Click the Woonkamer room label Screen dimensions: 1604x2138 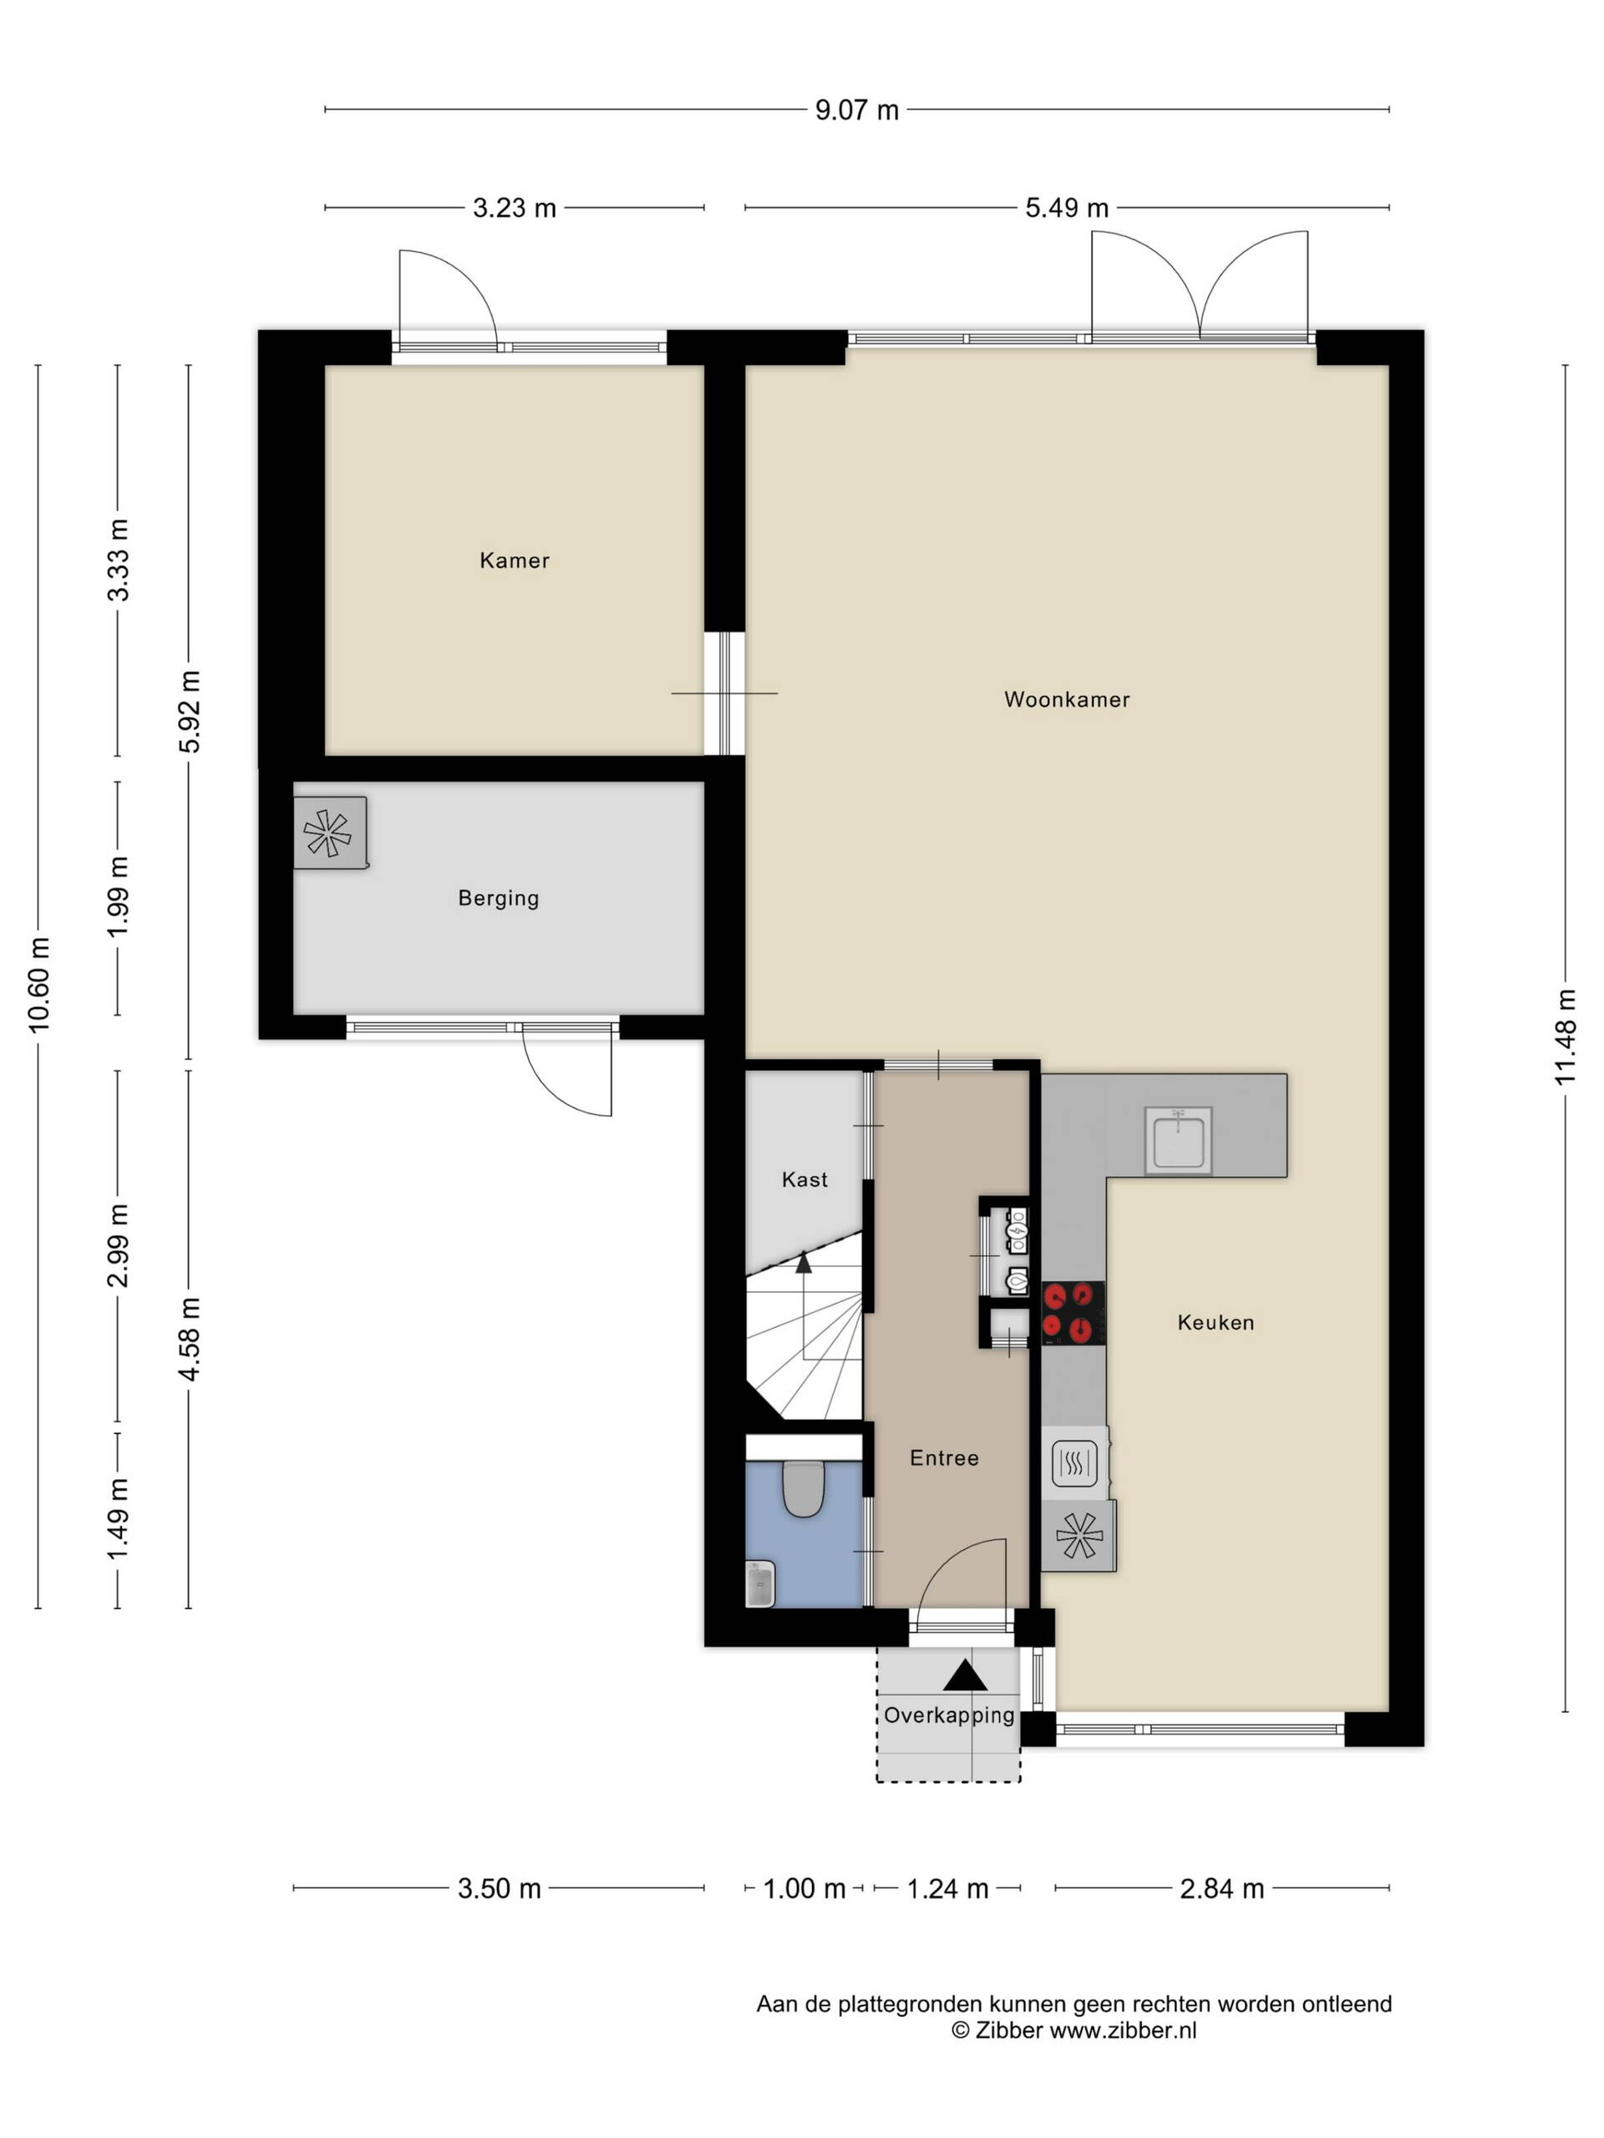pos(1067,700)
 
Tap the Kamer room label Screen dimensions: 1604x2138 pos(515,560)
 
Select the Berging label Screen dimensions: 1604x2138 pos(499,899)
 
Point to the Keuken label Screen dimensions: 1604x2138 pos(1216,1322)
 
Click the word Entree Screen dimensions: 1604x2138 pos(945,1457)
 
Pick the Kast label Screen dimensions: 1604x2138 pos(805,1179)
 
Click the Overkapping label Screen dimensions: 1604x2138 pos(949,1715)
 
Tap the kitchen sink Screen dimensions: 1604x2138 pos(1178,1141)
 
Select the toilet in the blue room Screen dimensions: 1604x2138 pos(803,1488)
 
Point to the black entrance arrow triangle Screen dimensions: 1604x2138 pos(965,1675)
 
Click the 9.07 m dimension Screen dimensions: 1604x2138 pos(856,110)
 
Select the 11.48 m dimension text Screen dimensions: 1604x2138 pos(1566,1037)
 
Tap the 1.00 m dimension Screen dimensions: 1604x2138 pos(805,1888)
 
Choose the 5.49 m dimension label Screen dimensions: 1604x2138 pos(1067,208)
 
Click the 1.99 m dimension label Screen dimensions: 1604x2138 pos(118,897)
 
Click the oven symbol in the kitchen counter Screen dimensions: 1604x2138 pos(1074,1463)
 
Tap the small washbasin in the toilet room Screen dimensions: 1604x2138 pos(761,1585)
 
